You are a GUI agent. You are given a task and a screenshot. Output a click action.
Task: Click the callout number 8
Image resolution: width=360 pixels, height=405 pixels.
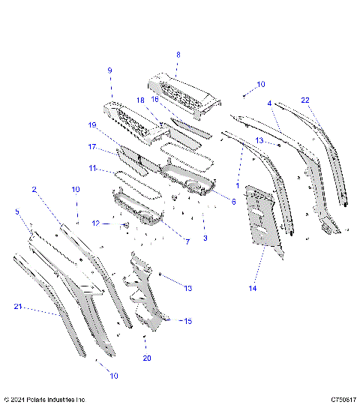click(x=178, y=54)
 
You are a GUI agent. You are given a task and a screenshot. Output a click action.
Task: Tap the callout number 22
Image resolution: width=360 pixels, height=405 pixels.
click(x=305, y=100)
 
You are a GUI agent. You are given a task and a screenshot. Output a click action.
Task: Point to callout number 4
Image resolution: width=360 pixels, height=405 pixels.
click(x=269, y=103)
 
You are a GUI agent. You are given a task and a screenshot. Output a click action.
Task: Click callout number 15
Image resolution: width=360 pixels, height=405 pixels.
click(x=188, y=321)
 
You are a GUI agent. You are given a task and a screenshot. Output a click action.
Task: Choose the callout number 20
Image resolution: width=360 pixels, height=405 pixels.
click(x=147, y=358)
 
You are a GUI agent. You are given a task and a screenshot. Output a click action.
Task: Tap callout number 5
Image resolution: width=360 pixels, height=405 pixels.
click(x=18, y=212)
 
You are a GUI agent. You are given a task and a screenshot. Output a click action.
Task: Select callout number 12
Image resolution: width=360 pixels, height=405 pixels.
click(x=95, y=223)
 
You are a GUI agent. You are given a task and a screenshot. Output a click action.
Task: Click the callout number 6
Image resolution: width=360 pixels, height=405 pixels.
click(x=233, y=202)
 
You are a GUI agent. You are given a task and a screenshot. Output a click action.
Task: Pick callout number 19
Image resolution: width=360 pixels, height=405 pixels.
click(x=93, y=124)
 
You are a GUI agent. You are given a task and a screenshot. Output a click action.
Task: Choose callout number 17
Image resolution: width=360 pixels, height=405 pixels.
click(x=93, y=147)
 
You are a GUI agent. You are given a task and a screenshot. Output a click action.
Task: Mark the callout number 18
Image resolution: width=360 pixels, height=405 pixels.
click(x=139, y=100)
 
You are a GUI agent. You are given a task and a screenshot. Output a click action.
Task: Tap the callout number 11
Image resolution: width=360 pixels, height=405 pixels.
click(x=93, y=169)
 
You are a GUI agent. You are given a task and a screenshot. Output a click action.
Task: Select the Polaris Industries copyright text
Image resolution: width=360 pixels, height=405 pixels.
click(x=45, y=400)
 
